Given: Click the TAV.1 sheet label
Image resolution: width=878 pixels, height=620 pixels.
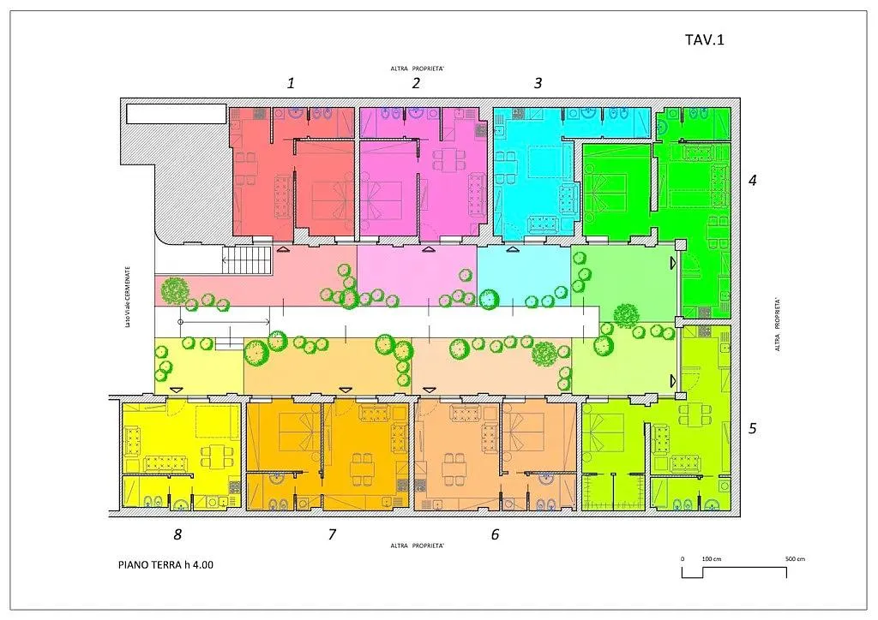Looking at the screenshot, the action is (705, 39).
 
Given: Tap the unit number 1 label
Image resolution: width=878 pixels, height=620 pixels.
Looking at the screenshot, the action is (291, 83).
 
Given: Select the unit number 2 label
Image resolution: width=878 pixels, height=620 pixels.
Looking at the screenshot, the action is (416, 83).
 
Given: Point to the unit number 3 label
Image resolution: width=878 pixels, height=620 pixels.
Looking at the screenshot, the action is (538, 83).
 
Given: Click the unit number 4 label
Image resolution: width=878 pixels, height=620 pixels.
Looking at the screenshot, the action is (753, 180).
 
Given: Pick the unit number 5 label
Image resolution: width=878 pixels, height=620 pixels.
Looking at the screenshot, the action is (753, 428).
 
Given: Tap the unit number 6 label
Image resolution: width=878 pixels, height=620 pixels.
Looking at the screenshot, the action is (495, 534).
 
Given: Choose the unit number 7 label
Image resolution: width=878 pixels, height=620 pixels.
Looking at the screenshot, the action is (332, 534).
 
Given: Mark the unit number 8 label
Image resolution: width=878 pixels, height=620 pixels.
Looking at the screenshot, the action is (177, 534).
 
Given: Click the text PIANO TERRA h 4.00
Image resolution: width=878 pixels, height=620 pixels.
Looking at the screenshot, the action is (165, 564).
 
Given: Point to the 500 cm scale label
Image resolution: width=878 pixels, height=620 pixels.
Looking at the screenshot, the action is (795, 559).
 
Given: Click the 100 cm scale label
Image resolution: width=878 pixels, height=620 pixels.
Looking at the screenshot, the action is (711, 559).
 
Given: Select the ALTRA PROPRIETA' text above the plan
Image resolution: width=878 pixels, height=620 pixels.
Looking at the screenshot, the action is (418, 69).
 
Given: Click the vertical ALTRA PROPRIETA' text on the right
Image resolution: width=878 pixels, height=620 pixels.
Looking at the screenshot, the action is (777, 325).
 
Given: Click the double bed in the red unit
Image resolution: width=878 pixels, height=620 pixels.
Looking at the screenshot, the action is (333, 200).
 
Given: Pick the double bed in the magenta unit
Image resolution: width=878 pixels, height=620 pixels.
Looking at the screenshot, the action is (381, 200).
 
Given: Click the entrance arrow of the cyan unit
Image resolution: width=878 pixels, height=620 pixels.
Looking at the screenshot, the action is (511, 249).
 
